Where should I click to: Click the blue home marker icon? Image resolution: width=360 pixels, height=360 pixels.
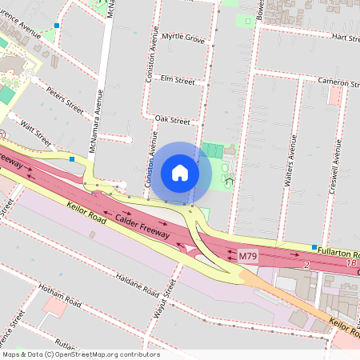(x=180, y=173)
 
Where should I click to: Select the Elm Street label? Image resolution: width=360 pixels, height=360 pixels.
(x=178, y=81)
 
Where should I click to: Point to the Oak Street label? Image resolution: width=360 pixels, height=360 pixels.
(x=172, y=122)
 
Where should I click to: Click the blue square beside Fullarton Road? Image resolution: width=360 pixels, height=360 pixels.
(x=314, y=247)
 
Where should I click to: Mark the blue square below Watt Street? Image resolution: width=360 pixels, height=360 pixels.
(x=72, y=159)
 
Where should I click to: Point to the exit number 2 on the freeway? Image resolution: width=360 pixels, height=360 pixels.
(x=306, y=264)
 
